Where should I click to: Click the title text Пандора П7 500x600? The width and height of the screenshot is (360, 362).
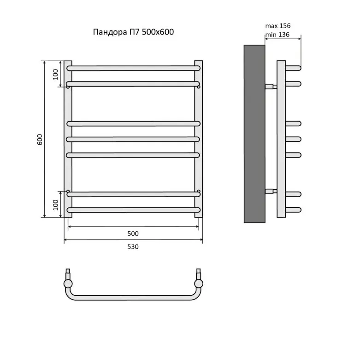pos(133,32)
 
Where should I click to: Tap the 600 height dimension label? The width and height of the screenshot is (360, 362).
pos(40,140)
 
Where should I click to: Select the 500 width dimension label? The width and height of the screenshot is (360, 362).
pos(133,234)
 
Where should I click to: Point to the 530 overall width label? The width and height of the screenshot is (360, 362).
pos(133,246)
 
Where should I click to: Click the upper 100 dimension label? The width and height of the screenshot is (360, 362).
pos(55,74)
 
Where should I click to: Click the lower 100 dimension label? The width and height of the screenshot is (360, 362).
pos(55,205)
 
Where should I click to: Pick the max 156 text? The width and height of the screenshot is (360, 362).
pos(278,26)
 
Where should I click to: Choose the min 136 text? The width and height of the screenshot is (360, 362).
pos(277,35)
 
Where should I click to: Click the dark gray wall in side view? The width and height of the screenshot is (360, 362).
pos(254,134)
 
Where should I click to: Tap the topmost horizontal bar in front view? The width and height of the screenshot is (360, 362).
pos(133,68)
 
